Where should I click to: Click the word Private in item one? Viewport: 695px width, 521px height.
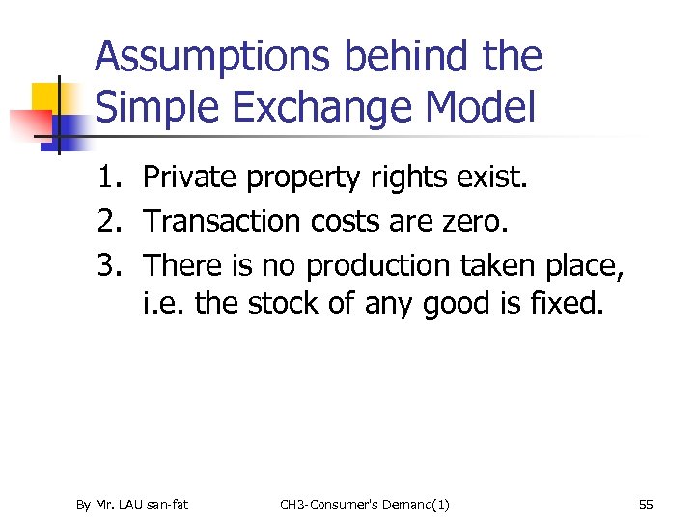pos(188,178)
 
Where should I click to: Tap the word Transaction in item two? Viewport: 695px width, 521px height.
pos(223,221)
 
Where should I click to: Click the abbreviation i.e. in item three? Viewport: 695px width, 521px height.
pos(164,304)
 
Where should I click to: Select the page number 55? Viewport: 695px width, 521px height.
pos(646,504)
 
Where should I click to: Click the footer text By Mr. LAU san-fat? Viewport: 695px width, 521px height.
pos(132,504)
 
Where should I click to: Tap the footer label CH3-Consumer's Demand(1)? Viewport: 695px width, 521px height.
pos(364,504)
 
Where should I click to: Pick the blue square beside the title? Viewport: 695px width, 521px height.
pos(69,128)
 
